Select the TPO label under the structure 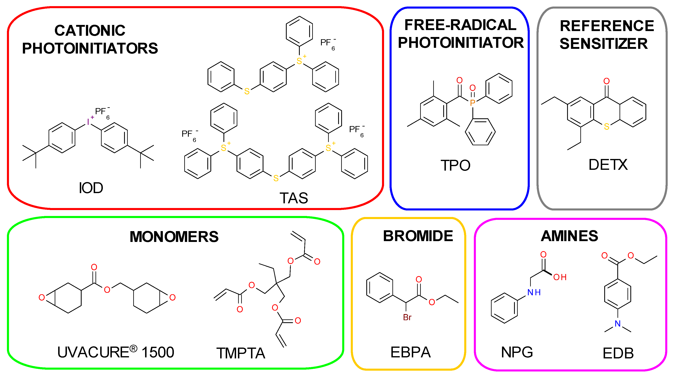(455, 165)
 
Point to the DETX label (608, 165)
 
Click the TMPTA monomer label (241, 353)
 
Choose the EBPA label (410, 352)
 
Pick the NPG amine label (517, 352)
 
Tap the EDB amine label (618, 353)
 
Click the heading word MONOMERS (174, 237)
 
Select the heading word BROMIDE (418, 236)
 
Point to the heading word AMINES (570, 236)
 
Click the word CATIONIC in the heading (90, 31)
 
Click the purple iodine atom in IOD (88, 122)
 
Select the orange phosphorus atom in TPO (472, 103)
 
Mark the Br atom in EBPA (407, 317)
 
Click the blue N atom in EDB (618, 324)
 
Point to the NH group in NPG (534, 292)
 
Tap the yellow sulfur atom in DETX (607, 127)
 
